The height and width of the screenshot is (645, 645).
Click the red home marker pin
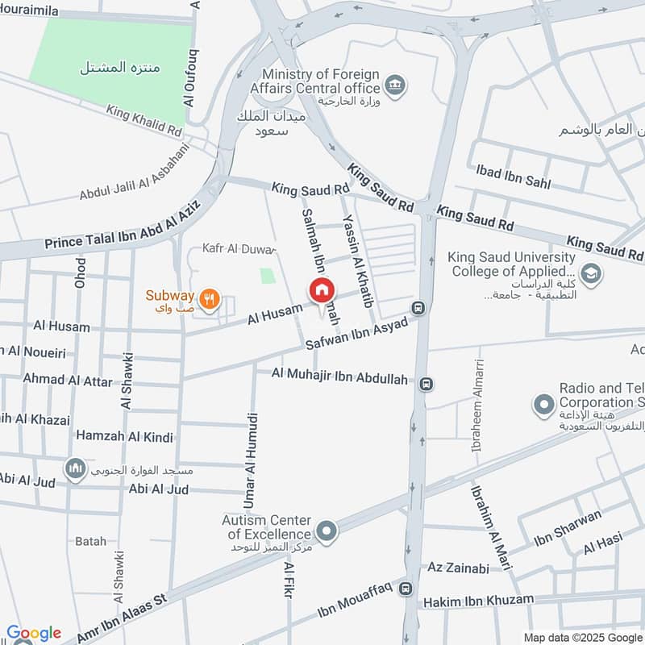pos(321,290)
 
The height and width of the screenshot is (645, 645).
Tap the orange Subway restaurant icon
pos(210,297)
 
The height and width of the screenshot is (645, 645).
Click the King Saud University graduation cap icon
pos(590,274)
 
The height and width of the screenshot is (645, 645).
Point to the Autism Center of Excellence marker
pos(327,531)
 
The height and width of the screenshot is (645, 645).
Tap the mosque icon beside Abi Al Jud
pos(76,469)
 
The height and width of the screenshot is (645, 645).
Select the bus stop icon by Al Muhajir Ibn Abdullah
pos(427,385)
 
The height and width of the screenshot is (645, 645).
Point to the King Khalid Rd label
pos(144,121)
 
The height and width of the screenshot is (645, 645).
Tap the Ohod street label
pos(80,273)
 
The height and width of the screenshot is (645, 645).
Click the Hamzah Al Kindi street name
pos(124,437)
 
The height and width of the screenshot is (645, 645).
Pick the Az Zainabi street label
pos(459,568)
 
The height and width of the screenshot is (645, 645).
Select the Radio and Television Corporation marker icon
pos(544,403)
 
